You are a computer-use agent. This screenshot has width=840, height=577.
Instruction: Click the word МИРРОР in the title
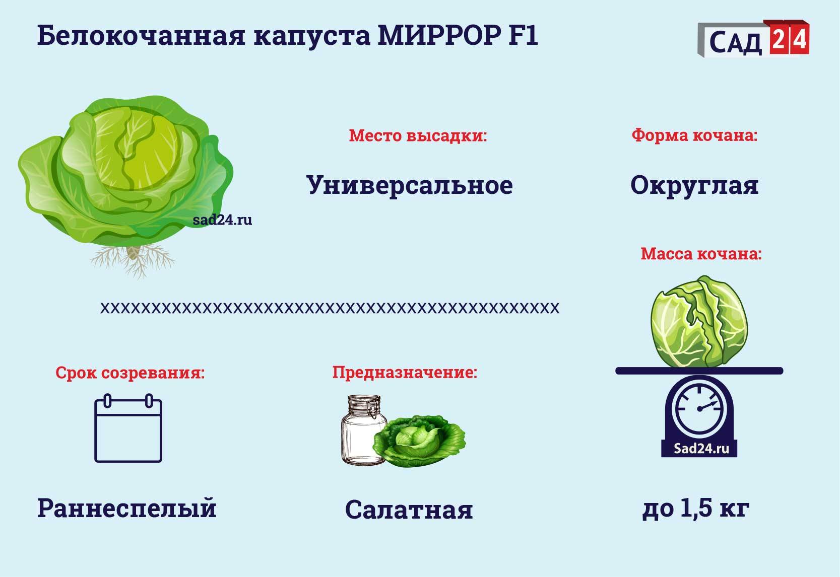click(439, 36)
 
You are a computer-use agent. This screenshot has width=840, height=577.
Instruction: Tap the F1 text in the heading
click(523, 36)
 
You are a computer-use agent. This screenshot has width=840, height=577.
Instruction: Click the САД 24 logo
click(753, 39)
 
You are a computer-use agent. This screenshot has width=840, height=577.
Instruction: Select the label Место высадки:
click(418, 135)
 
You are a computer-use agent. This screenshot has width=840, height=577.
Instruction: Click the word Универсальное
click(410, 185)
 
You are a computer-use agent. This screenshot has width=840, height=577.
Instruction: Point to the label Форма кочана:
click(694, 135)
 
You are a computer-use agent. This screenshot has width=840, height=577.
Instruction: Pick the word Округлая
click(694, 185)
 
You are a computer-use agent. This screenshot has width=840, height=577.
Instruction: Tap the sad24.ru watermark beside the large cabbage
click(222, 220)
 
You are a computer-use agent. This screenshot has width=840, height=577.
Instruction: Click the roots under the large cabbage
click(133, 261)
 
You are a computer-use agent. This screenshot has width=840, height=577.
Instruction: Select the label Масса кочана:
click(701, 254)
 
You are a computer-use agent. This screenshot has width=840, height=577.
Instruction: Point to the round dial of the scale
click(699, 408)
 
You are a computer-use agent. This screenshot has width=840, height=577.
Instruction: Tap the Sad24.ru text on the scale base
click(701, 449)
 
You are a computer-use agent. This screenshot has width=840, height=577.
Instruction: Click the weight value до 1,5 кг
click(696, 509)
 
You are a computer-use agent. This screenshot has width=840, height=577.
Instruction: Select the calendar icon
click(128, 428)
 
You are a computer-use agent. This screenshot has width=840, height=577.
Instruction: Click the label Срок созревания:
click(130, 373)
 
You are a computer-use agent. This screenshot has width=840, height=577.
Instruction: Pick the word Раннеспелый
click(127, 509)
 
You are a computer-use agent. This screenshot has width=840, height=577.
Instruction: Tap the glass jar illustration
click(363, 430)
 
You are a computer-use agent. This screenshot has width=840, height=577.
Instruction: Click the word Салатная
click(409, 510)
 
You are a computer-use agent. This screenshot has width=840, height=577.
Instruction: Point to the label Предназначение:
click(405, 373)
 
